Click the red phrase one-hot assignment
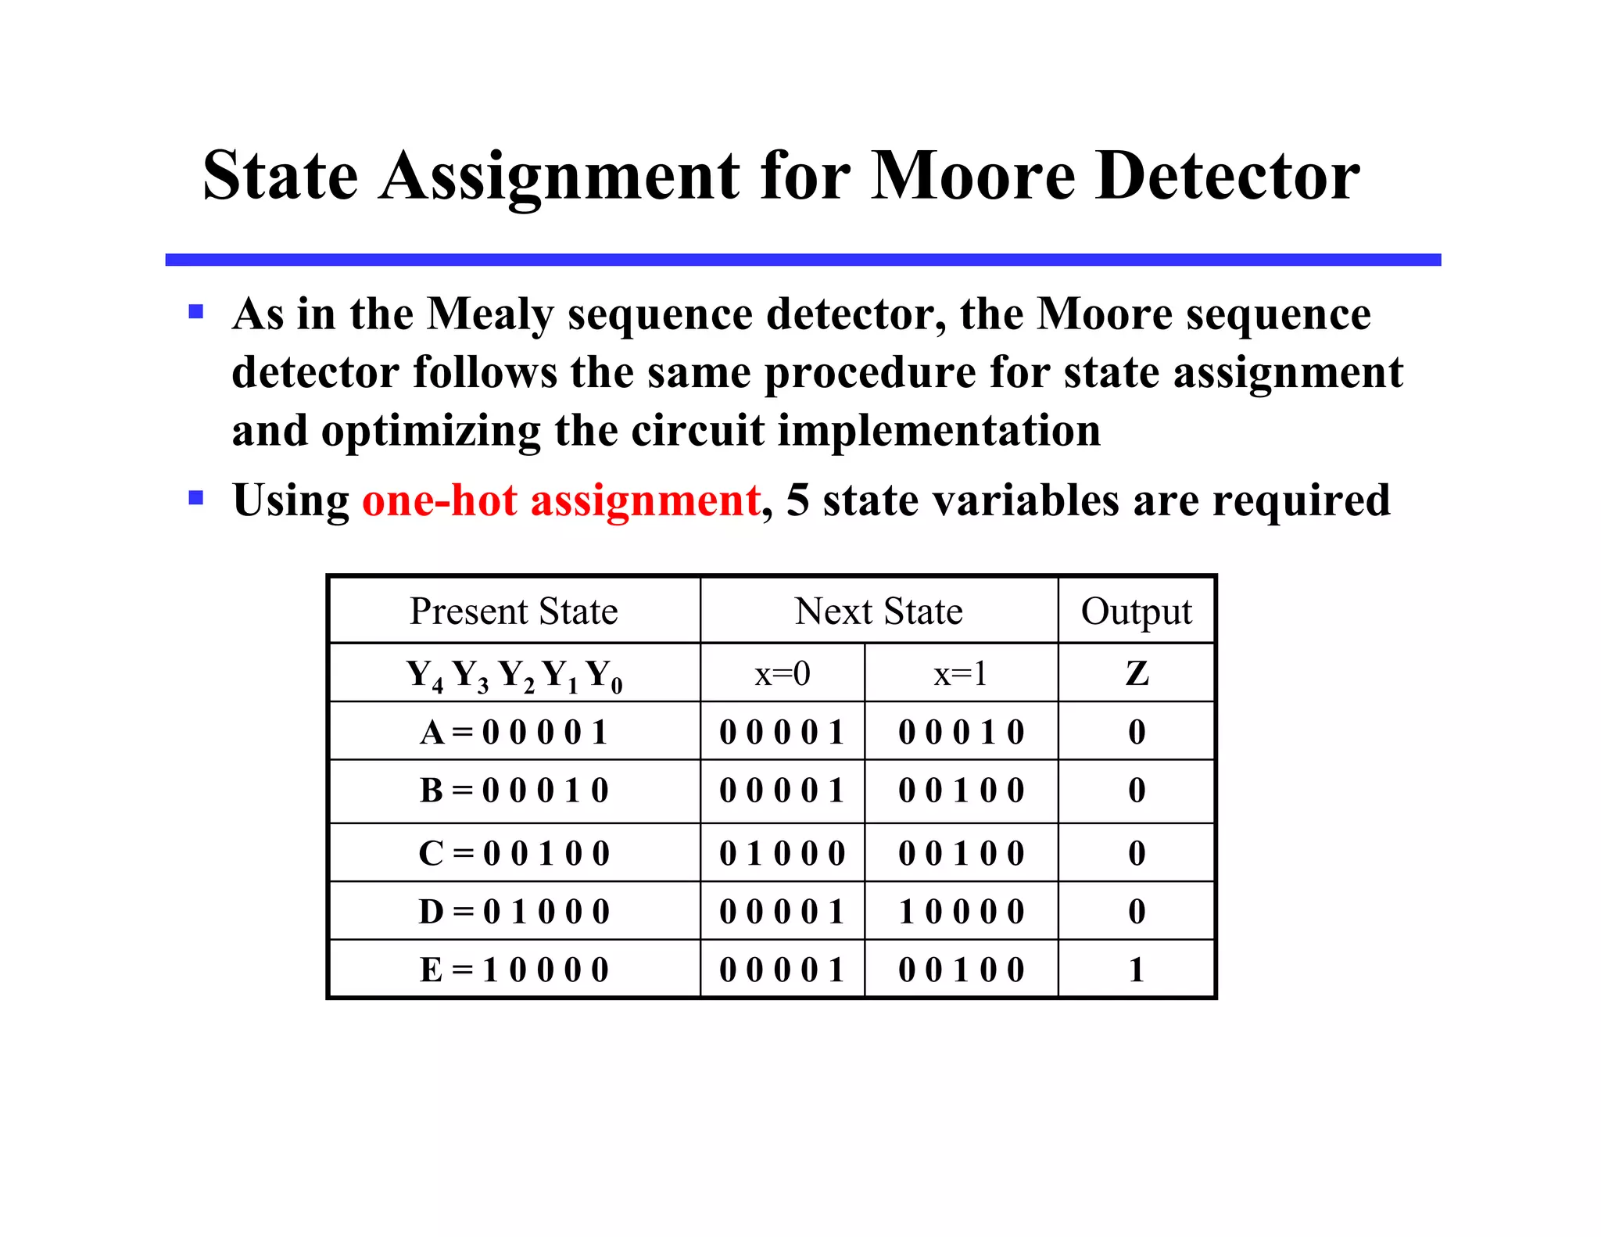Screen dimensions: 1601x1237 click(561, 500)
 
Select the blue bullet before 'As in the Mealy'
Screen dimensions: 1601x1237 click(196, 313)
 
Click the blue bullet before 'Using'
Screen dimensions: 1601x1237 click(196, 497)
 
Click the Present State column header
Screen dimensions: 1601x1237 click(514, 611)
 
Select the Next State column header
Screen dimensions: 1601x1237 click(879, 611)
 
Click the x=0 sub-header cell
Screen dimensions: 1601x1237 click(782, 673)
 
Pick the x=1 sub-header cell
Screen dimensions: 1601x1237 click(961, 673)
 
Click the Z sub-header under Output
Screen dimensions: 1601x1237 click(1137, 673)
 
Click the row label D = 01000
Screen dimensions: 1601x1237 click(514, 912)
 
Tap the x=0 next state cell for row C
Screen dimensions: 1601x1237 click(782, 853)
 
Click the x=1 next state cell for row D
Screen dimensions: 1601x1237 click(961, 912)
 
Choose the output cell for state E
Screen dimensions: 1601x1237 click(1137, 970)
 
